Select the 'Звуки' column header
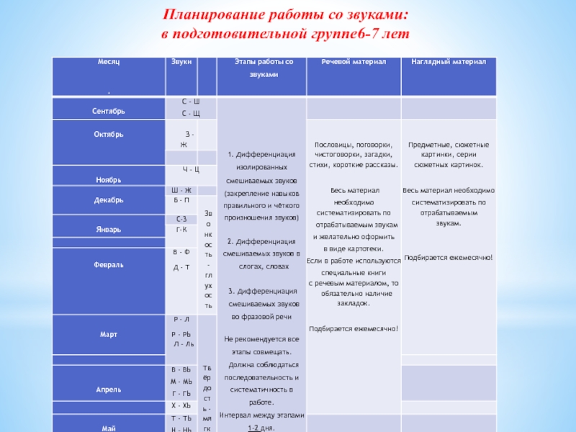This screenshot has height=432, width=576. [181, 63]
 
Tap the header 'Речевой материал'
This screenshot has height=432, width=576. [353, 63]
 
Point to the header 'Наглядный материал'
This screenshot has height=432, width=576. [449, 63]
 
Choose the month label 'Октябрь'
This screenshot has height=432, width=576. [109, 134]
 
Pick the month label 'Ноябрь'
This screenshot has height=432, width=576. [108, 179]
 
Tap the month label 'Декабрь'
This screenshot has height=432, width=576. [109, 200]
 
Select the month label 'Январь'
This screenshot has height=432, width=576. [109, 229]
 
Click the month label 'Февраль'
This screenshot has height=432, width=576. [109, 265]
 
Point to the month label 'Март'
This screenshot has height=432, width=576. [109, 335]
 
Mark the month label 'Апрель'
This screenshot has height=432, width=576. [109, 390]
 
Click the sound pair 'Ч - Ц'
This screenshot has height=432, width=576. [191, 169]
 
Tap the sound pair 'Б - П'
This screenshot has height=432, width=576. [181, 199]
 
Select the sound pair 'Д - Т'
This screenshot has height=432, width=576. [181, 267]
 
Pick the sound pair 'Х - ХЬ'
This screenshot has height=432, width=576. [181, 406]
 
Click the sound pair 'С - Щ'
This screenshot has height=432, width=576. [191, 113]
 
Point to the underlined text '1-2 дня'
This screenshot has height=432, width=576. [261, 428]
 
